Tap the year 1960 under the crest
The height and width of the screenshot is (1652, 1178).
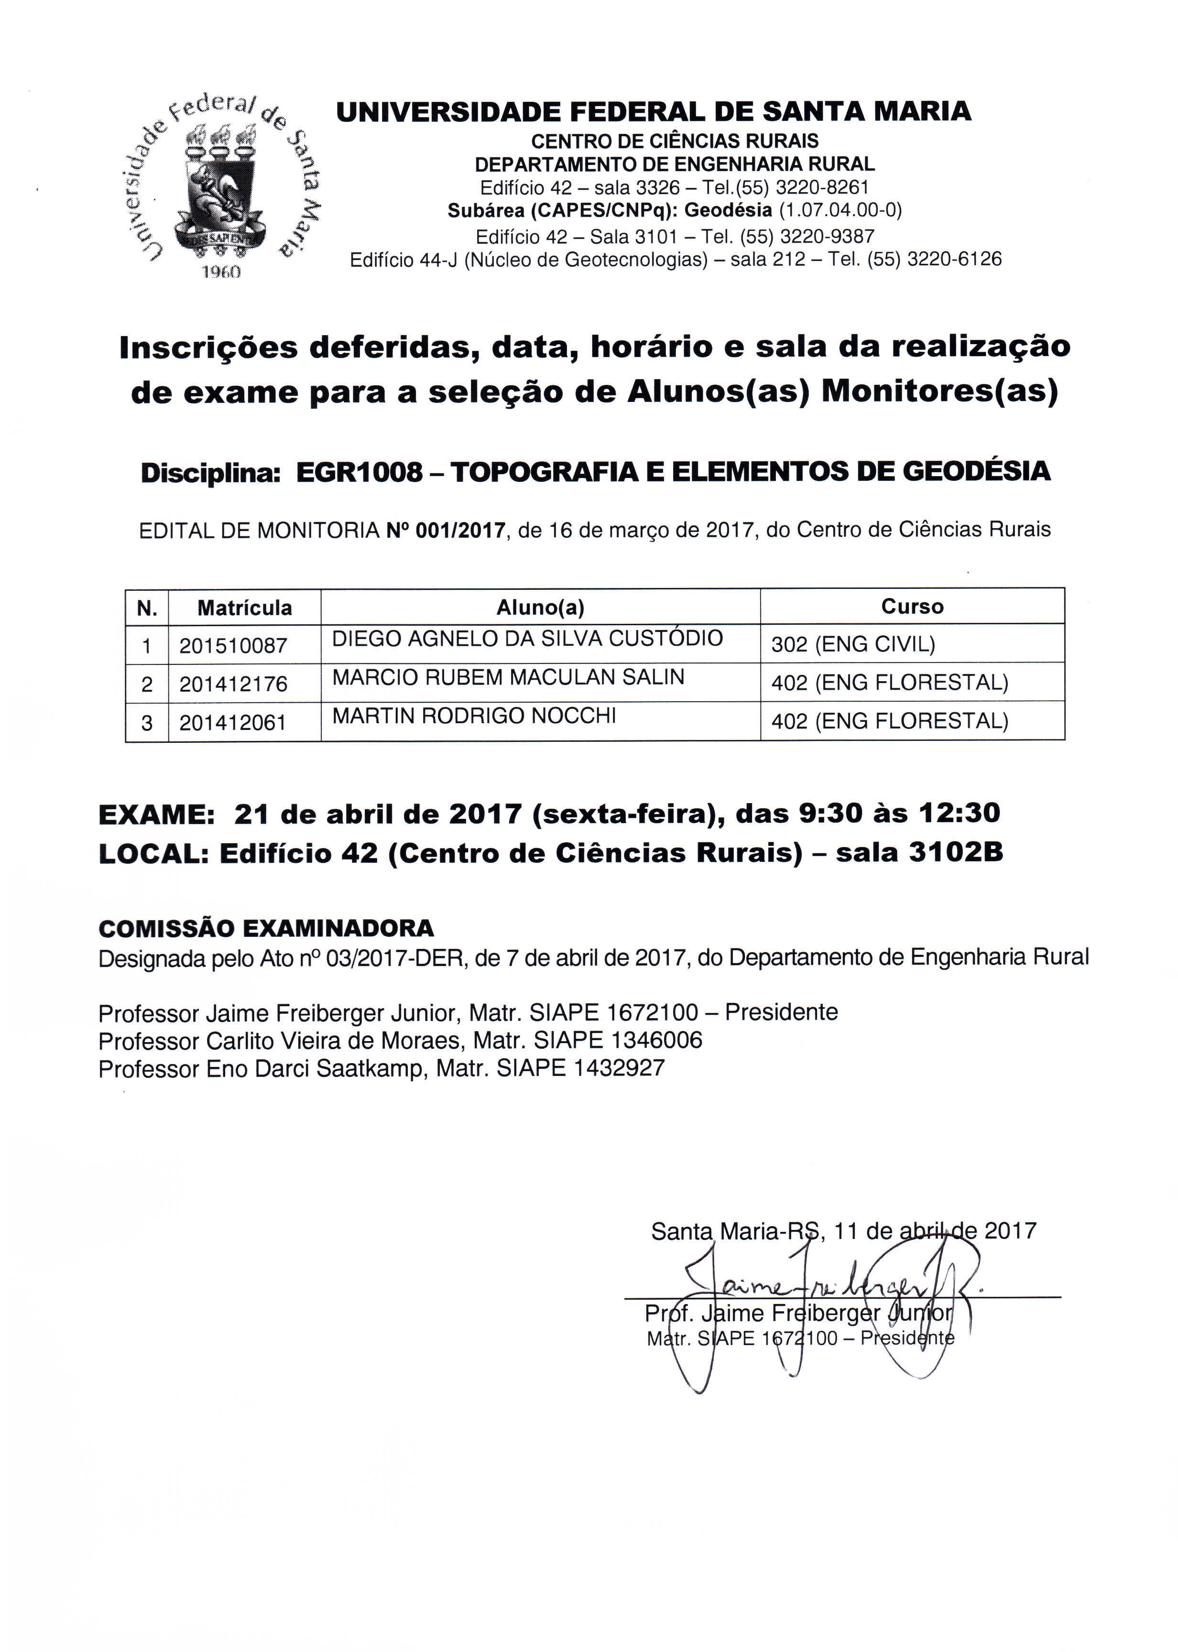pyautogui.click(x=221, y=271)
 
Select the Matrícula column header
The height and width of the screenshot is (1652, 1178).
pyautogui.click(x=244, y=608)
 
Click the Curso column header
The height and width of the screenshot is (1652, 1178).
pyautogui.click(x=912, y=606)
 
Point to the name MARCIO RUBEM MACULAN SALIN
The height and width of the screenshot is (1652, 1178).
pyautogui.click(x=508, y=677)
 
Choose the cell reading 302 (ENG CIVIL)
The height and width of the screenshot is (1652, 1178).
pyautogui.click(x=853, y=644)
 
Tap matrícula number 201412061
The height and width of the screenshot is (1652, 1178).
pyautogui.click(x=233, y=722)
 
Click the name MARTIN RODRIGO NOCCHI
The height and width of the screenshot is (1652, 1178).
pyautogui.click(x=474, y=716)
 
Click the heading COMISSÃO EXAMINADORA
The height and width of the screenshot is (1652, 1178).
pyautogui.click(x=266, y=928)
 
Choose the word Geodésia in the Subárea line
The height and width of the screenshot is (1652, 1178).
pyautogui.click(x=728, y=210)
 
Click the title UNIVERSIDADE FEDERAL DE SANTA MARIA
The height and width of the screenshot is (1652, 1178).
pyautogui.click(x=654, y=112)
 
